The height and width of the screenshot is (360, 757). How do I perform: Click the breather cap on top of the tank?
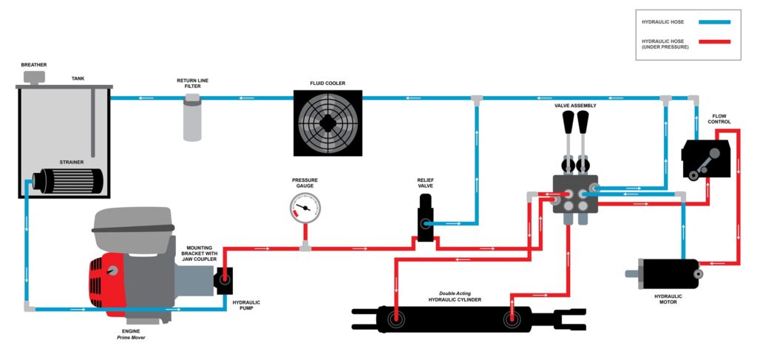coord(33,76)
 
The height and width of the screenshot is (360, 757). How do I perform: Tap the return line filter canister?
coord(192,118)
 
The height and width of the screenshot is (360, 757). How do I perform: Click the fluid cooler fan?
coord(327,123)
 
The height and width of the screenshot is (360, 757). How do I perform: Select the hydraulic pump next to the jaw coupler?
coord(223,281)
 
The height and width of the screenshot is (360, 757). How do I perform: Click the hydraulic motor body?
coord(669,273)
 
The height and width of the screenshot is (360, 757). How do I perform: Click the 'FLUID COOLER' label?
coord(327,84)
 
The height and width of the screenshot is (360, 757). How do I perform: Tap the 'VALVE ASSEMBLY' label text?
coord(575,106)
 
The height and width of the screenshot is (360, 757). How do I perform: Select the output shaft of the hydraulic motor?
coord(632,274)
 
